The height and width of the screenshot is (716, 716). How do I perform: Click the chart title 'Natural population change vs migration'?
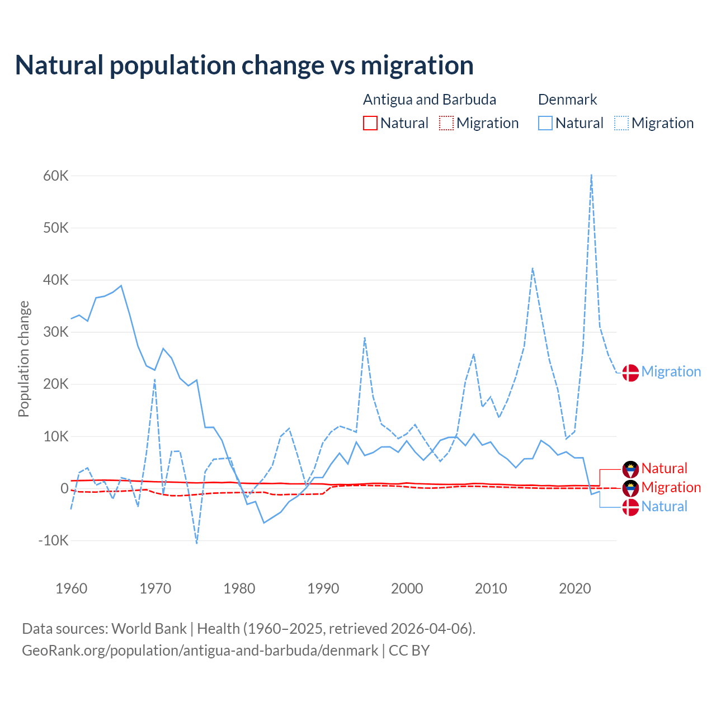tap(244, 65)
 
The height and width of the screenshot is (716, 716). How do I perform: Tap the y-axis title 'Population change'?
tap(23, 359)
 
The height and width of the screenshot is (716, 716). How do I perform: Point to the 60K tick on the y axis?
tap(56, 176)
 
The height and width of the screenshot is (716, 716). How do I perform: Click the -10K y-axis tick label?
tap(54, 541)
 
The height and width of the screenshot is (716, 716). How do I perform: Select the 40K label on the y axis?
tap(56, 280)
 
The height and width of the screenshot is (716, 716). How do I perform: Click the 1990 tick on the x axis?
tap(323, 588)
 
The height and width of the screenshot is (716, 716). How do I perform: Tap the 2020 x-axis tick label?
tap(575, 588)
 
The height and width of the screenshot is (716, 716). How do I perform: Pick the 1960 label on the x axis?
tap(72, 588)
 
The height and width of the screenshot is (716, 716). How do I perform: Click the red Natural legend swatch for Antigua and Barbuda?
tap(370, 123)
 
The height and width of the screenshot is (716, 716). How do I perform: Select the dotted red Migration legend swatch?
tap(446, 123)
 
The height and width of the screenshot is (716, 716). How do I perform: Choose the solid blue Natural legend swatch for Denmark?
tap(545, 123)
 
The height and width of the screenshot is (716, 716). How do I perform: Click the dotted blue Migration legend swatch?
tap(621, 123)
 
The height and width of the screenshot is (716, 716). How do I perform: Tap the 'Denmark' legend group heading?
tap(567, 100)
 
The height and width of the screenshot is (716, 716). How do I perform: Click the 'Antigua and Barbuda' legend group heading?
tap(430, 100)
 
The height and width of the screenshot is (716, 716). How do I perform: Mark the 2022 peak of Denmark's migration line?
tap(591, 175)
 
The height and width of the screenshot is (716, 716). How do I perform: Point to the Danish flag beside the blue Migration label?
tap(630, 373)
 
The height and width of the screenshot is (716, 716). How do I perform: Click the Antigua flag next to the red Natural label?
tap(630, 469)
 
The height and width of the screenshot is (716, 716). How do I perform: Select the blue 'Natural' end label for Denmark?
tap(664, 507)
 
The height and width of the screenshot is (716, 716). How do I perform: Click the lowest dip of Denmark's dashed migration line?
tap(197, 543)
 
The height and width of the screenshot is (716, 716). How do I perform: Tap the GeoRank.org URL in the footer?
tap(200, 651)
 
